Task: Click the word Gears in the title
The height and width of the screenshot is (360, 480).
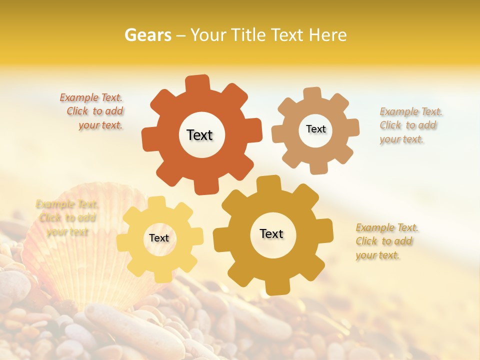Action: click(x=147, y=35)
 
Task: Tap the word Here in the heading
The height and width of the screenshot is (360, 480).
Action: click(x=327, y=35)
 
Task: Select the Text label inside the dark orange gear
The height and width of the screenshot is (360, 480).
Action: click(x=199, y=135)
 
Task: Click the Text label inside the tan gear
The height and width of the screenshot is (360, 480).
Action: click(x=315, y=129)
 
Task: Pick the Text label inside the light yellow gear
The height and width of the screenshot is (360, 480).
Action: click(x=159, y=238)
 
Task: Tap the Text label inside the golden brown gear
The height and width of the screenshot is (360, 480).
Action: click(x=271, y=234)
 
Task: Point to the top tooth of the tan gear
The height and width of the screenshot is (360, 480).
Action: click(x=312, y=94)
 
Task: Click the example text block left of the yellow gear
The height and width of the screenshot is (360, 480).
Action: click(x=66, y=218)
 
